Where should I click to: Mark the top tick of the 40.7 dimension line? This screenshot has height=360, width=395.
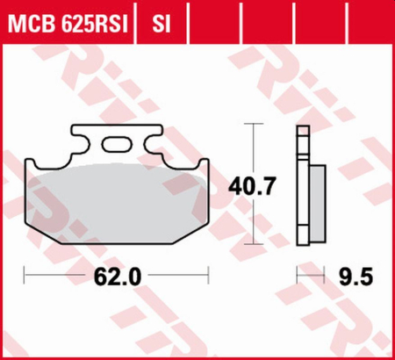[x=254, y=125]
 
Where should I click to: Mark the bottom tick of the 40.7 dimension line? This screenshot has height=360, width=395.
[x=254, y=244]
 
